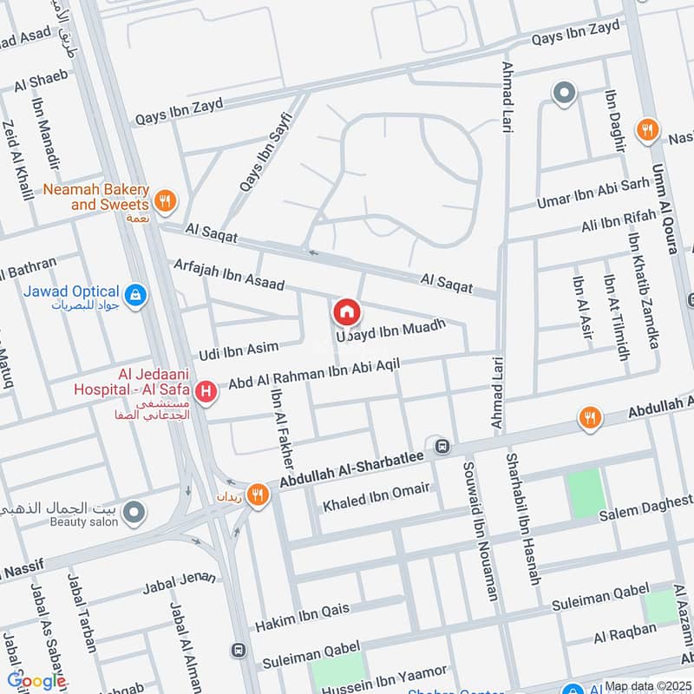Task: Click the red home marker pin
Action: point(346,311)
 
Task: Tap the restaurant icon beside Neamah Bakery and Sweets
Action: point(167,202)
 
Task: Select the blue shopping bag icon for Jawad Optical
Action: point(134,297)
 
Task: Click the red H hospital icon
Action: point(206,393)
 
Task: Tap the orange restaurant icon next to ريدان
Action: point(258,495)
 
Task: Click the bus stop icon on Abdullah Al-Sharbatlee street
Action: point(442,447)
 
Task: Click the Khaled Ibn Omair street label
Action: point(376,496)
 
